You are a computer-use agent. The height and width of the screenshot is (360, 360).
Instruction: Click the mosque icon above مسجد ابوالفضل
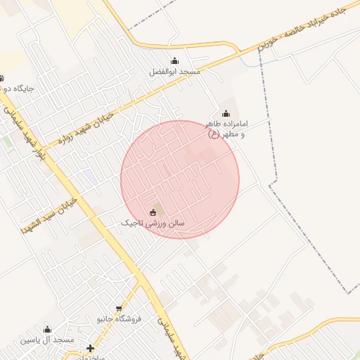(x=174, y=60)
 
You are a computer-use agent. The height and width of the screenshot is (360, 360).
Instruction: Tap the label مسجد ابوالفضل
(x=175, y=72)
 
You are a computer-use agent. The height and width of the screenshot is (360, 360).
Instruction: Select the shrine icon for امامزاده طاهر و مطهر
(x=226, y=113)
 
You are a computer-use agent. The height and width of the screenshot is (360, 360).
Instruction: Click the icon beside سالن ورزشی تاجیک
(x=153, y=212)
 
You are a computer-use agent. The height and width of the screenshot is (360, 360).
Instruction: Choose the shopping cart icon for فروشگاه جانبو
(x=120, y=308)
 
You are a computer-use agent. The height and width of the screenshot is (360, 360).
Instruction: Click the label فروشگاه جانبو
(x=119, y=319)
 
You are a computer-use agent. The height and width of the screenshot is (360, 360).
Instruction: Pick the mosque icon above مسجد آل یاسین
(x=48, y=329)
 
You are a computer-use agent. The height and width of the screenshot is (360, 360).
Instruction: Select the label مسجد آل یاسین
(x=47, y=340)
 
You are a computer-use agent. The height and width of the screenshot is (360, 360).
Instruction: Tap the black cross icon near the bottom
(x=90, y=348)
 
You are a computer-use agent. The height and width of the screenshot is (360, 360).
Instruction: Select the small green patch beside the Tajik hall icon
(x=158, y=210)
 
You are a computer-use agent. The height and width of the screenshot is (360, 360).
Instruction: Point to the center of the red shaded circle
(x=180, y=179)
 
